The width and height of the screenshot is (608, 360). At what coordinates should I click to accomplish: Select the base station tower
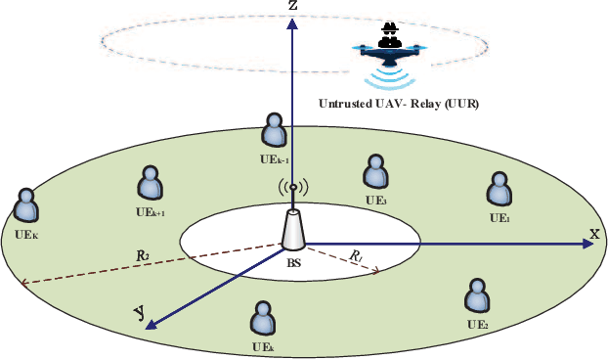[292, 231]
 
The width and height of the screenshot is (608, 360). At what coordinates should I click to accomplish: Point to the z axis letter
[292, 7]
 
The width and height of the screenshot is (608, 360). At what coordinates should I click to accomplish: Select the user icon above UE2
[477, 297]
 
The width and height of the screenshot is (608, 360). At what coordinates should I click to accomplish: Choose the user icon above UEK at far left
[26, 207]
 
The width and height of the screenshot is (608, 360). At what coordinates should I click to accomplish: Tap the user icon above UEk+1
[151, 183]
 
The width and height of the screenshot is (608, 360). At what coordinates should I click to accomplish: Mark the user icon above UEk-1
[274, 130]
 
